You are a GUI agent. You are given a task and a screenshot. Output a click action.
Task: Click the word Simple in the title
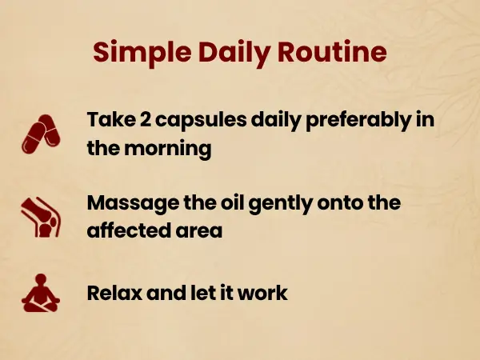142,53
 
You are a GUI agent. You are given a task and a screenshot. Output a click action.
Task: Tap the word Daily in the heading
234,53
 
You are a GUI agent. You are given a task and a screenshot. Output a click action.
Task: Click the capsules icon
41,134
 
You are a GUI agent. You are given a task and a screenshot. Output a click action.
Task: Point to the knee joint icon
41,218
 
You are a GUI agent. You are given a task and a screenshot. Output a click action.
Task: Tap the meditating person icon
41,293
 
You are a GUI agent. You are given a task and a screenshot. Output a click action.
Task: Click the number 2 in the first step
146,119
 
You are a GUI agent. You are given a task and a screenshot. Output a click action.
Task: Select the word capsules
201,121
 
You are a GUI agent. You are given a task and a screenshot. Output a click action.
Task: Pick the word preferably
358,121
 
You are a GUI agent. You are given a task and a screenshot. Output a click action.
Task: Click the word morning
168,150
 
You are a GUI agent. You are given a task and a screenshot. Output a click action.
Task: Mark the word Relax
114,293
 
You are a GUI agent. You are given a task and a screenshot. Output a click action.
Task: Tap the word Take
111,119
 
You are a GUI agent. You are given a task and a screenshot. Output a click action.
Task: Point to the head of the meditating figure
41,278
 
